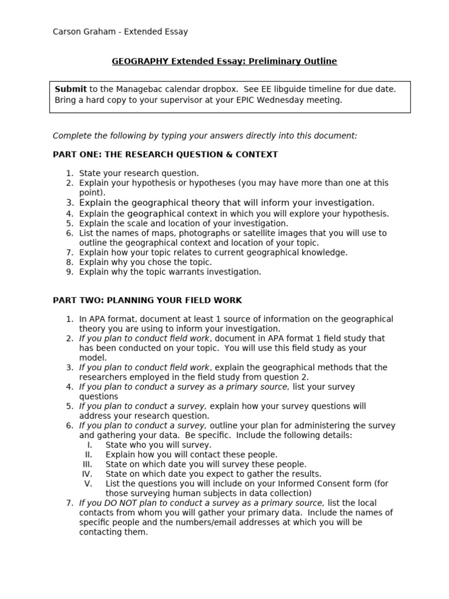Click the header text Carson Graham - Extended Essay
120,32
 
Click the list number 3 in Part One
68,202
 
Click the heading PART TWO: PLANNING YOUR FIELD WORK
147,300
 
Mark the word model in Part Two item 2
92,357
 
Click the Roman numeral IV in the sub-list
87,474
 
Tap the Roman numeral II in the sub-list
89,455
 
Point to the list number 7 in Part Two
68,503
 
